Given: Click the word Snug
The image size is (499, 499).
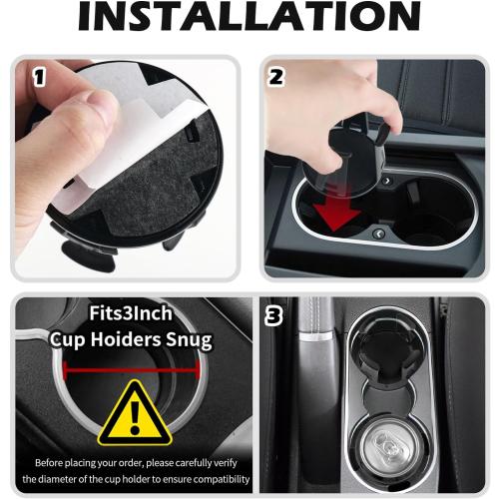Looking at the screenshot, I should coord(187,340).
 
